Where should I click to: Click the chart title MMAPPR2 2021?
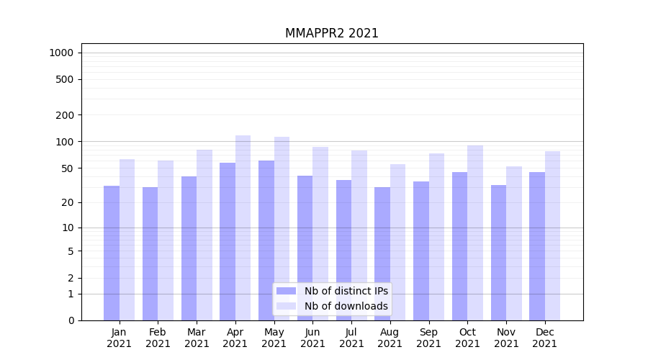[331, 33]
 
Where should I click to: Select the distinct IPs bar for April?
[228, 241]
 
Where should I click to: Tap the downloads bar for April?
[243, 228]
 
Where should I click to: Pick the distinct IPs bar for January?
[112, 253]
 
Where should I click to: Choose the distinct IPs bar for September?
[421, 251]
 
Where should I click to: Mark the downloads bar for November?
[514, 243]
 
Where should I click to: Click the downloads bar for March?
[204, 235]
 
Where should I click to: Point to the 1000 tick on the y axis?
[61, 53]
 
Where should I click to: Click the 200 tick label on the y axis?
[65, 115]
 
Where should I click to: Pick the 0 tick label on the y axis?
[71, 320]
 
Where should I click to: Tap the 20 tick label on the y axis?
[68, 203]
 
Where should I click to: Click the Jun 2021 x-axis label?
[312, 338]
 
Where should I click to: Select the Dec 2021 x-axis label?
[544, 338]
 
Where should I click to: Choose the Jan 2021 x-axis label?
[120, 338]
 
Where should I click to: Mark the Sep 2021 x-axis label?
[428, 338]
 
